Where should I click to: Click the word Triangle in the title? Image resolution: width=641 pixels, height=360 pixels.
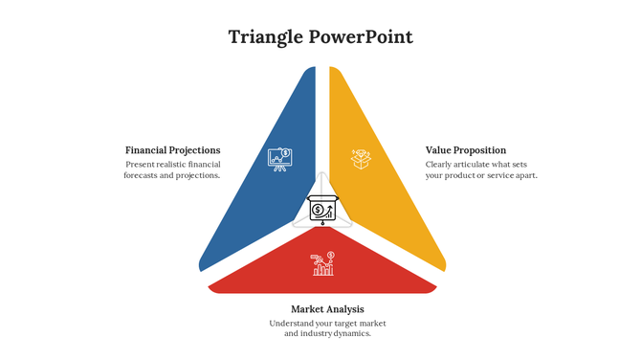point(265,37)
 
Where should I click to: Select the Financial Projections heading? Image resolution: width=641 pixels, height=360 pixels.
point(172,150)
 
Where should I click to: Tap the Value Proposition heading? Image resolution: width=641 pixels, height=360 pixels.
point(466,150)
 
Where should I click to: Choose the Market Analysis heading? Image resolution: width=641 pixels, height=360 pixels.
point(327,309)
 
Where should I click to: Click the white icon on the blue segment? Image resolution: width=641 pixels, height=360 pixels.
point(279,158)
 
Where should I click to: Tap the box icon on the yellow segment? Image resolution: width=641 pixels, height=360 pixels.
point(361,158)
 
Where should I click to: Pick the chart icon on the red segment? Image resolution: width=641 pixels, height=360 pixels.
point(322,263)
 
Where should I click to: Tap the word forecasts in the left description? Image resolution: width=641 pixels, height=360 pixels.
point(144,175)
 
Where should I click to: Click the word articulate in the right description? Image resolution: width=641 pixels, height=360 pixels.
point(475,164)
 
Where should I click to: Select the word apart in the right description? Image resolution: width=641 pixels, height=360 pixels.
point(525,175)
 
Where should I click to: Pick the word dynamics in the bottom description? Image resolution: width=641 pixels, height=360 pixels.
point(349,333)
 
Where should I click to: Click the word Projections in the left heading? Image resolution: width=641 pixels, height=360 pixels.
point(195,150)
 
